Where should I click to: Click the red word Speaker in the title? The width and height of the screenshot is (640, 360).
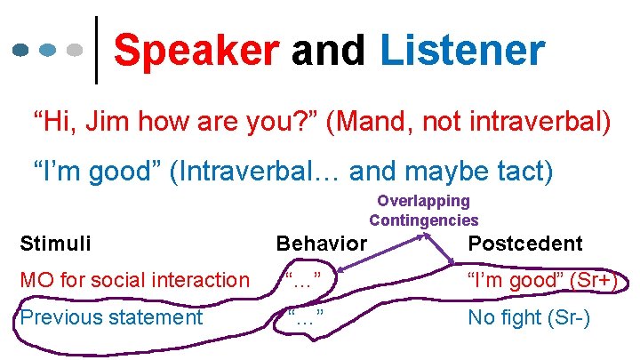click(x=196, y=51)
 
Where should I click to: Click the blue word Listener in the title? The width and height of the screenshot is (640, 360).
click(x=461, y=51)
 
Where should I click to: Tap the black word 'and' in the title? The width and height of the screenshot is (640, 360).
click(x=328, y=51)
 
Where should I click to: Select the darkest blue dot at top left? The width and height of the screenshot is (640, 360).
click(x=23, y=51)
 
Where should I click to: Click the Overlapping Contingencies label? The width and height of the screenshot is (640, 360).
click(x=423, y=211)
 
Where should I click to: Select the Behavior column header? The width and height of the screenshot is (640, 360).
click(x=321, y=244)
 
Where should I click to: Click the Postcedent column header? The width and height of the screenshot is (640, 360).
click(x=525, y=244)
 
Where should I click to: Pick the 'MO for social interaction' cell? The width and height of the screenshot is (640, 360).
click(x=134, y=281)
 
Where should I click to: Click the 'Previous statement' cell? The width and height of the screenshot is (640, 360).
click(x=111, y=317)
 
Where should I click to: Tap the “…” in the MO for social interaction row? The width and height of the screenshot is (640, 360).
click(x=303, y=281)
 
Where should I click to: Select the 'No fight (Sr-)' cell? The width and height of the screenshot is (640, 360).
click(x=529, y=317)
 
